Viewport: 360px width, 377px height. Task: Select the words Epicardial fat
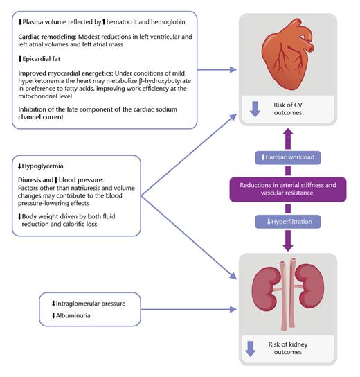[43, 58]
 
